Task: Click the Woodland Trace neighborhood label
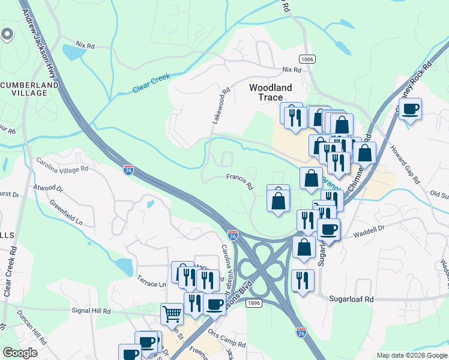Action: point(271,92)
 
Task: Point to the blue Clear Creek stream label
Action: point(152,83)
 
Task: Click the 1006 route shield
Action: point(307,59)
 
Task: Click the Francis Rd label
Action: point(240,181)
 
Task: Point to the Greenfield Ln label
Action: point(65,212)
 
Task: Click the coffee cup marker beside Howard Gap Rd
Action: point(410,110)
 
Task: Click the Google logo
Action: point(20,353)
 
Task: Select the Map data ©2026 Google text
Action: point(411,355)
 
